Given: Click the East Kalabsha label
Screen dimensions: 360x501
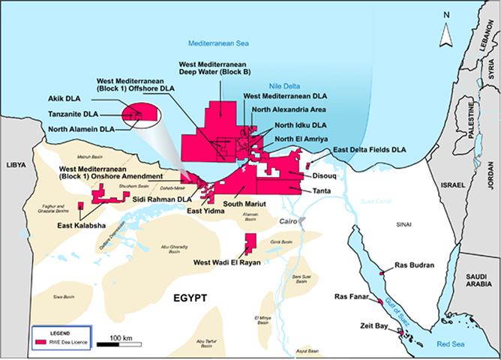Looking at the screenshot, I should (82, 225).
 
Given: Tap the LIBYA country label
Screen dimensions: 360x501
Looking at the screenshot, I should (16, 163).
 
